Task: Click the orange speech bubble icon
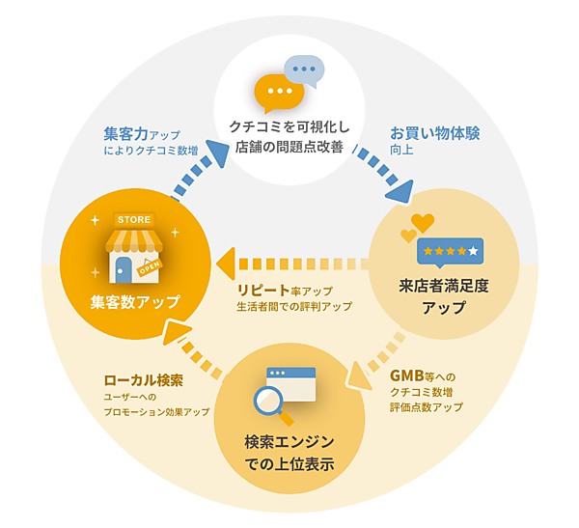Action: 277,93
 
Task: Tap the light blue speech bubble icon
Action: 304,70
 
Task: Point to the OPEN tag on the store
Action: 150,265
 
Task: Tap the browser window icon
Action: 291,383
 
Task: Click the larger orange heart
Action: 423,224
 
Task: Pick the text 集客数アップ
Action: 135,302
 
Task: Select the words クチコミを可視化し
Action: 289,127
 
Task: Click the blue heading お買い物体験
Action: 434,132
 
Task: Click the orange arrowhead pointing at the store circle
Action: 224,260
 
